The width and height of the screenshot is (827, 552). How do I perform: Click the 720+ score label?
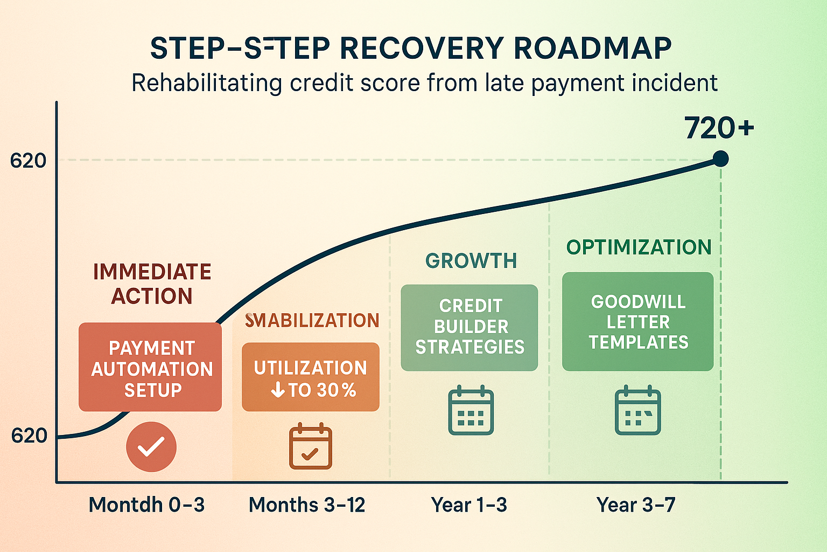pos(719,128)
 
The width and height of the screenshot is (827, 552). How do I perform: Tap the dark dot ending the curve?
pos(720,158)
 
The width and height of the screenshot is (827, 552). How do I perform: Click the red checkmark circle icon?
pos(151,447)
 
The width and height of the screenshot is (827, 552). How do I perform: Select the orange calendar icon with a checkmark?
pos(311,446)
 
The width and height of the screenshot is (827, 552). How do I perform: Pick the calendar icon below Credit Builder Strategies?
pos(471,410)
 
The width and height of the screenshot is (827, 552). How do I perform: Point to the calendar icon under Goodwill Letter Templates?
pos(638,410)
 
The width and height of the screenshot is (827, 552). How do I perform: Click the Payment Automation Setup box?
pos(150,368)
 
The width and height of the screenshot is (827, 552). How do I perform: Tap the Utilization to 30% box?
pos(311,377)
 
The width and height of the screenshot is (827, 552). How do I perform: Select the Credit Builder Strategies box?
pos(469,327)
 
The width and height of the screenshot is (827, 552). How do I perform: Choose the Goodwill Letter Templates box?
pos(638,322)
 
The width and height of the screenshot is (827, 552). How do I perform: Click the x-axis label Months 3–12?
pos(307,505)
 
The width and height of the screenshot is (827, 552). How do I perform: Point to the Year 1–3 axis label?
pos(469,505)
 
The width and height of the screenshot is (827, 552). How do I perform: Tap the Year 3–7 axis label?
pos(636,505)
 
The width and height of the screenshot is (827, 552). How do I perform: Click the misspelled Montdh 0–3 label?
pos(146,505)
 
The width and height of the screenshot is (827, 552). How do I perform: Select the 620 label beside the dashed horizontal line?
pos(28,161)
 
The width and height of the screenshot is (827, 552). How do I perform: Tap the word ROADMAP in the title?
pos(592,49)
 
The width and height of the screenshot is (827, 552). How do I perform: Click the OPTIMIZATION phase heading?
pos(639,247)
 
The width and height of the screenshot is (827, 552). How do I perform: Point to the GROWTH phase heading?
pos(471,261)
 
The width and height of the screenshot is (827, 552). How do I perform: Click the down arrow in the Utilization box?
pos(278,390)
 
